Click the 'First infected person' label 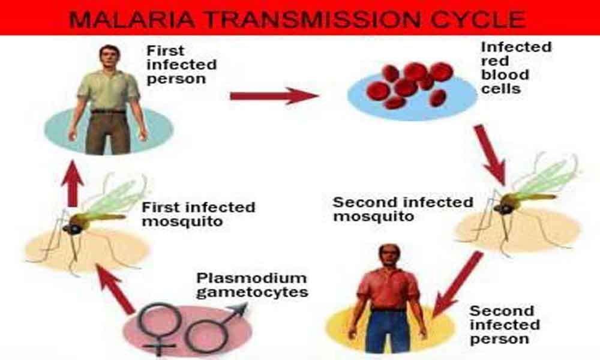tap(181, 65)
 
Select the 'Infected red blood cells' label tap(516, 68)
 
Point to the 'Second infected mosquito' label tap(403, 209)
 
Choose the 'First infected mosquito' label tap(198, 214)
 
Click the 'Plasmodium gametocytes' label tap(252, 285)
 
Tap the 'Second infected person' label tap(505, 325)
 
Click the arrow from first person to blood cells tap(274, 95)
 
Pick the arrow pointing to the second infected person tap(457, 283)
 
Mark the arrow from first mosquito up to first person tap(73, 184)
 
